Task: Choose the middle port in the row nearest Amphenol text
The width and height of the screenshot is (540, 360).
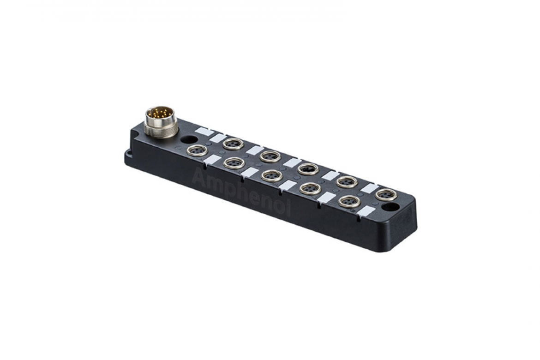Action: click(271, 175)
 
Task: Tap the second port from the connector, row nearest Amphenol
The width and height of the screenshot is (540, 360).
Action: click(233, 162)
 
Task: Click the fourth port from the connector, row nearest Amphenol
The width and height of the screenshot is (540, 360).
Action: click(310, 188)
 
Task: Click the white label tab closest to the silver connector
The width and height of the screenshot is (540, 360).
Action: click(203, 131)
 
